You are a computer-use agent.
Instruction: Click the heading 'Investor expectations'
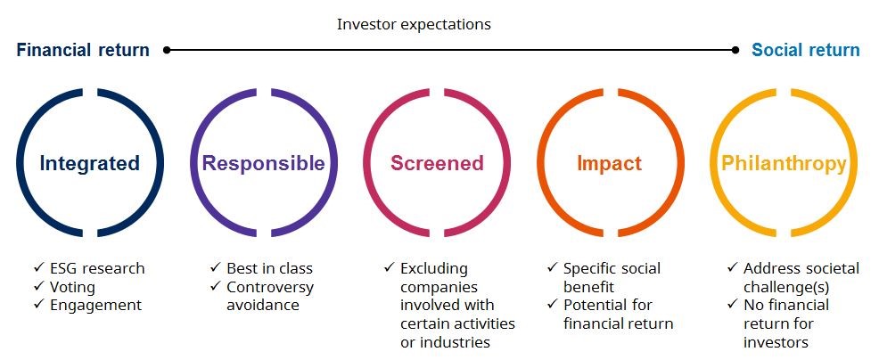(414, 25)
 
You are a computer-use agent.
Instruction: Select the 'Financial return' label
(83, 50)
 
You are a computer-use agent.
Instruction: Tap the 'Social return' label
(806, 50)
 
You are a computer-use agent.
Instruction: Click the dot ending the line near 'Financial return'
(167, 50)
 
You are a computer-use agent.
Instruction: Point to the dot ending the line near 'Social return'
(735, 50)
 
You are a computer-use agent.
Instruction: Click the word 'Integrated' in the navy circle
(90, 163)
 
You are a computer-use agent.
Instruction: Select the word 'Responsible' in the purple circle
(264, 163)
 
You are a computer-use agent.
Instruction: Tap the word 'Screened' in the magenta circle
(437, 163)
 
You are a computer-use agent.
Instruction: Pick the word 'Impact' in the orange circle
(610, 163)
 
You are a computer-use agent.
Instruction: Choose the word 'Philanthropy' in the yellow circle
(784, 163)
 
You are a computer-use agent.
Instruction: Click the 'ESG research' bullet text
(97, 268)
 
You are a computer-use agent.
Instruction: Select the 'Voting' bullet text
(72, 287)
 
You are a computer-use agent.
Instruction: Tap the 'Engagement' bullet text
(96, 306)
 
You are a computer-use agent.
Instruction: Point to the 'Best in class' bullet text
(269, 268)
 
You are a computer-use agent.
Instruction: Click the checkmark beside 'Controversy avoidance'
(216, 287)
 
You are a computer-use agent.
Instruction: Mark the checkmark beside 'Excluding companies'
(390, 268)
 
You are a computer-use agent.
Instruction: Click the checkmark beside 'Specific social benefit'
(553, 268)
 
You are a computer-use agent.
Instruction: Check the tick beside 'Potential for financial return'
(553, 305)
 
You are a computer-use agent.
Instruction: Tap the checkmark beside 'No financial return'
(733, 305)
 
